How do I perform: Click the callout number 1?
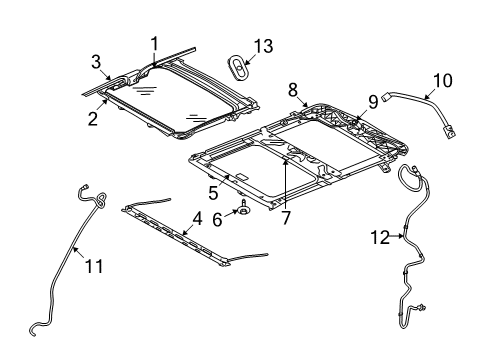[x=155, y=43]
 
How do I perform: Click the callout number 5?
[x=213, y=191]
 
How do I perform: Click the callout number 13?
[x=263, y=45]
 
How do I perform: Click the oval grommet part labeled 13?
[x=240, y=66]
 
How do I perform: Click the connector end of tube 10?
[x=452, y=131]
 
